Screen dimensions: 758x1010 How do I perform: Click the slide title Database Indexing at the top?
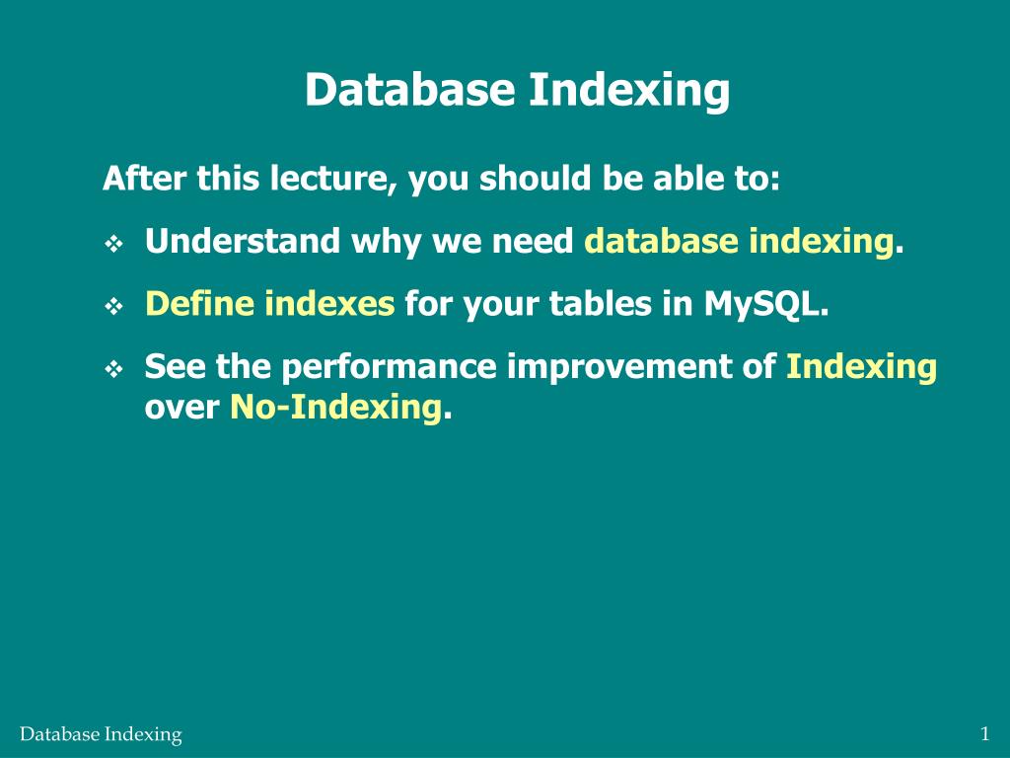click(517, 90)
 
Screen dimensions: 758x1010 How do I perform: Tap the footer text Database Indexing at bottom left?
click(101, 734)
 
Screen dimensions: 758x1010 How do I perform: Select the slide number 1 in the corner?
click(984, 733)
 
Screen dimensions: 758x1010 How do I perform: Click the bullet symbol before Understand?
click(112, 244)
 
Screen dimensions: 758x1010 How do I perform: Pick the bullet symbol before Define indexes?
click(112, 307)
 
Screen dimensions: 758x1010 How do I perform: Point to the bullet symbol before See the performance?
click(112, 370)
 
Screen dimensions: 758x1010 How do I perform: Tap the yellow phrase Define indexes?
click(269, 304)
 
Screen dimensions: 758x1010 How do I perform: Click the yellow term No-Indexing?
click(335, 406)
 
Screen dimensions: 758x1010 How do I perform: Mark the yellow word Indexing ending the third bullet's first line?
click(860, 367)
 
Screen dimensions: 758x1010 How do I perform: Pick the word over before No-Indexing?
click(181, 406)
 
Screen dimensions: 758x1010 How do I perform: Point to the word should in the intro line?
click(532, 179)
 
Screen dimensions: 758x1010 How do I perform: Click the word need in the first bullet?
click(541, 241)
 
